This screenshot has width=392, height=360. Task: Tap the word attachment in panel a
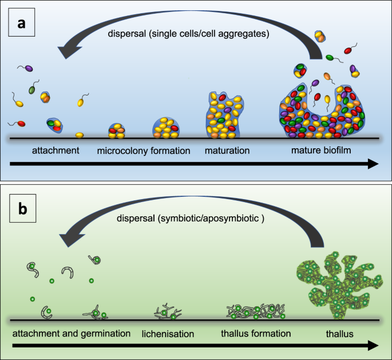click(x=46, y=152)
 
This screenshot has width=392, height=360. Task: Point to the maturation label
click(x=227, y=152)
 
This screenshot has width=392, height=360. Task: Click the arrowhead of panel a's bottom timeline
click(x=373, y=164)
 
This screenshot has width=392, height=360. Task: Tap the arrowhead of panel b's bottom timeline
click(x=373, y=345)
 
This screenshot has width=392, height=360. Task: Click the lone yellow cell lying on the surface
click(x=80, y=135)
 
